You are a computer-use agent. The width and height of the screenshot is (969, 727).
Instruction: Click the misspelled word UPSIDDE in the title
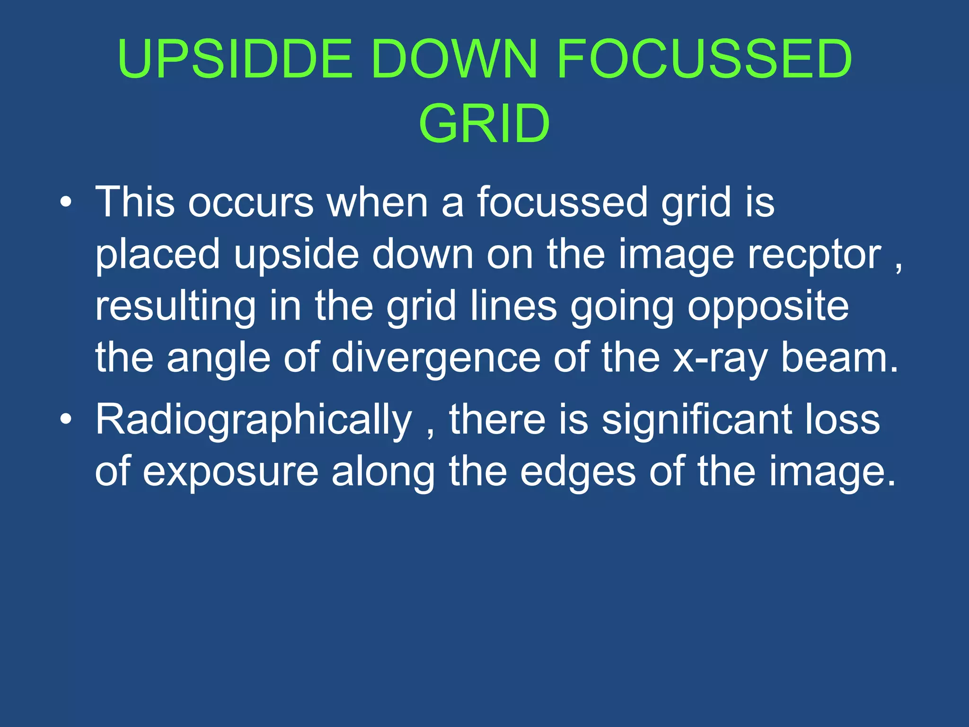point(235,59)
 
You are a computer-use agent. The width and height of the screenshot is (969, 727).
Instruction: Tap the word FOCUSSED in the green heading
point(705,59)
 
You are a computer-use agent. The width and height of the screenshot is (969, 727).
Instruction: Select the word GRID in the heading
point(484,124)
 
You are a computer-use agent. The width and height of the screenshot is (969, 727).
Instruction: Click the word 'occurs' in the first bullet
point(251,203)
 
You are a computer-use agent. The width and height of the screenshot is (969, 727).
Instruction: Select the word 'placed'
point(158,255)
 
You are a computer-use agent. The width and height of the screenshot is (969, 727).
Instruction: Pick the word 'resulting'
point(176,306)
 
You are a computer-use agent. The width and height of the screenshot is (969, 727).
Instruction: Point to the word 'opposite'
point(768,306)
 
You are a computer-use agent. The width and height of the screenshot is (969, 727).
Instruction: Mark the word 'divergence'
point(436,358)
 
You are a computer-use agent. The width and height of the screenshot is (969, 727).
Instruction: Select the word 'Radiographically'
point(254,420)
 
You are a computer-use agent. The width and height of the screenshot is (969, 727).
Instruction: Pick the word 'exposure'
point(231,471)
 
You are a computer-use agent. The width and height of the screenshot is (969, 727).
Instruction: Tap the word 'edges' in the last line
point(578,471)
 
